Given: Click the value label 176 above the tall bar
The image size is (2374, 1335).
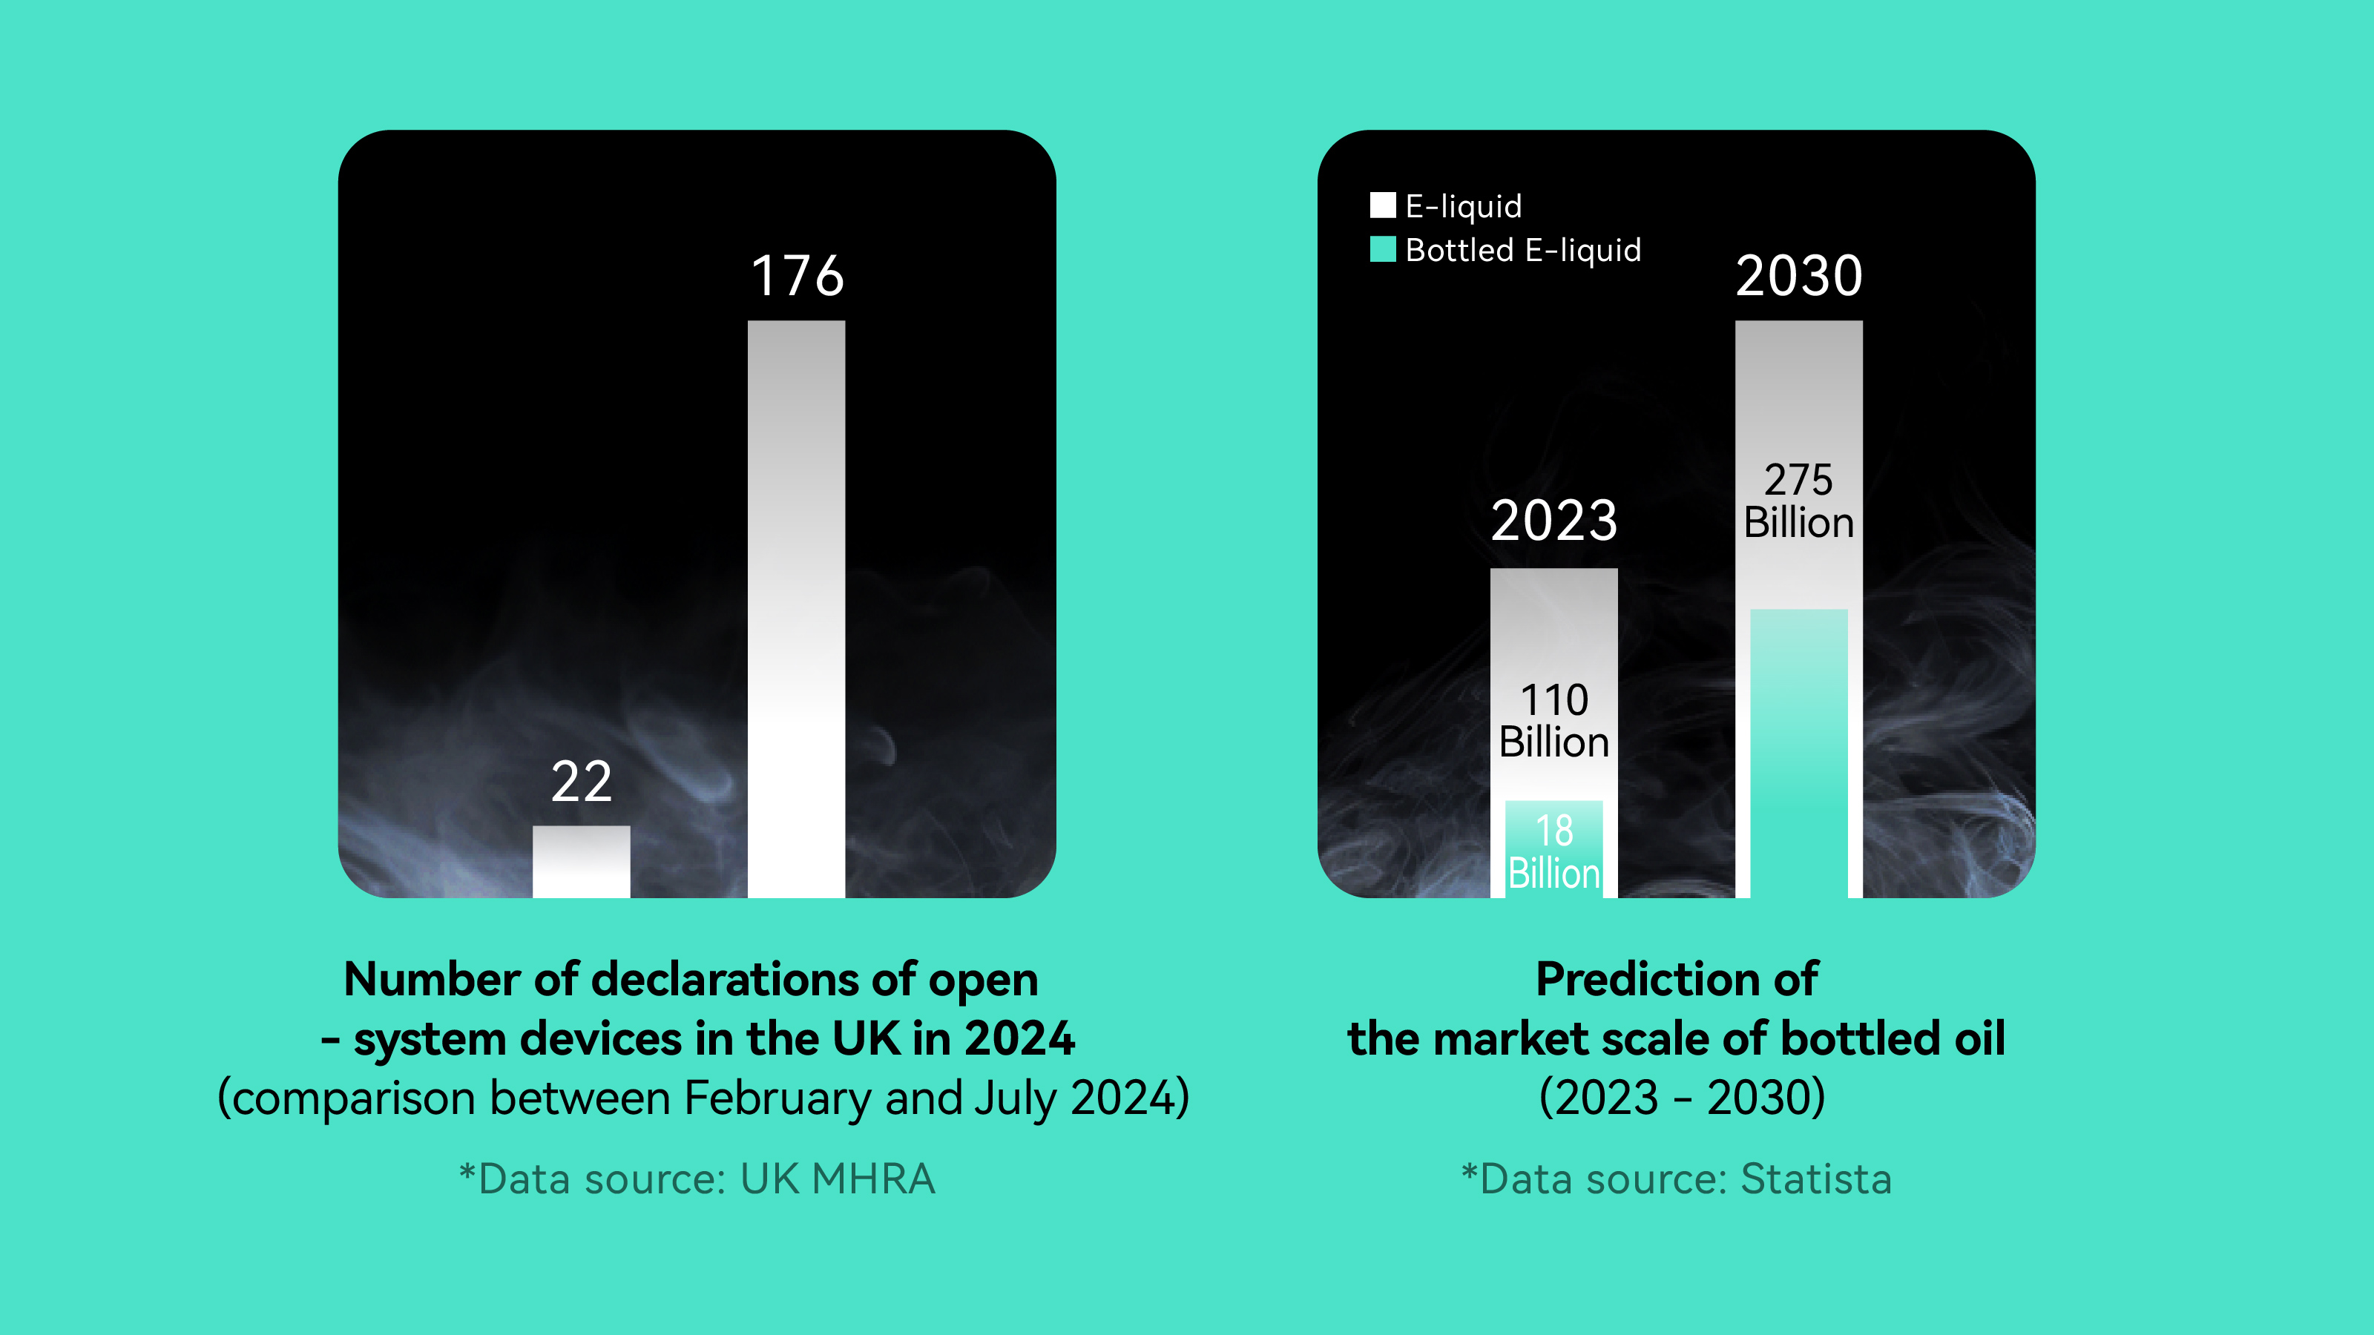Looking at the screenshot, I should (798, 275).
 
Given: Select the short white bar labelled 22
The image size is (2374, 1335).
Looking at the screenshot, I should (582, 861).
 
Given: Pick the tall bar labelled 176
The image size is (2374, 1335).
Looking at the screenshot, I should (796, 608).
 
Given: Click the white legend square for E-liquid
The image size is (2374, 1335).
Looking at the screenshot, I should (1382, 205).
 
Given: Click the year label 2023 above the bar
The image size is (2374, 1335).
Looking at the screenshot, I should (1553, 521).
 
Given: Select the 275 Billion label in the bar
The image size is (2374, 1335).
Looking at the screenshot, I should (1799, 501).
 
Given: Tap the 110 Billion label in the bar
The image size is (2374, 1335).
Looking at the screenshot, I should (1553, 720).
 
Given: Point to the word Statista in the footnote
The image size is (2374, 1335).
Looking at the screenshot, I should (1815, 1179).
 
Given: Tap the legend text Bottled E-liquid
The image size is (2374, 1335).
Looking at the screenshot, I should (1523, 250).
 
